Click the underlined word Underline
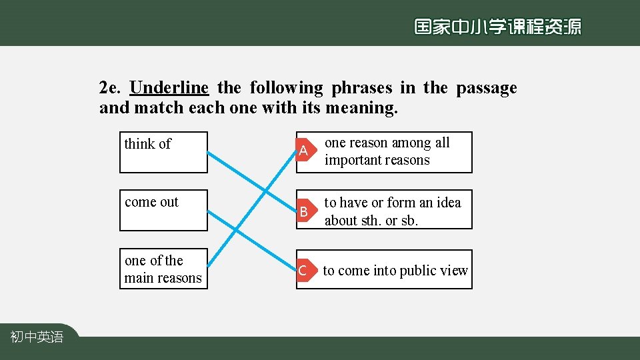169,88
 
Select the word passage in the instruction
486,88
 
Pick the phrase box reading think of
163,152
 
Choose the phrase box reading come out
163,210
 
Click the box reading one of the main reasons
163,269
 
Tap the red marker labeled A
303,151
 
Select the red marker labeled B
303,211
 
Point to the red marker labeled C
303,271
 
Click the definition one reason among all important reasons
387,151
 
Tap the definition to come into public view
395,271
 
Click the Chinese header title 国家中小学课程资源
497,27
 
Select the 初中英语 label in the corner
37,337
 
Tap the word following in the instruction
286,88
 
